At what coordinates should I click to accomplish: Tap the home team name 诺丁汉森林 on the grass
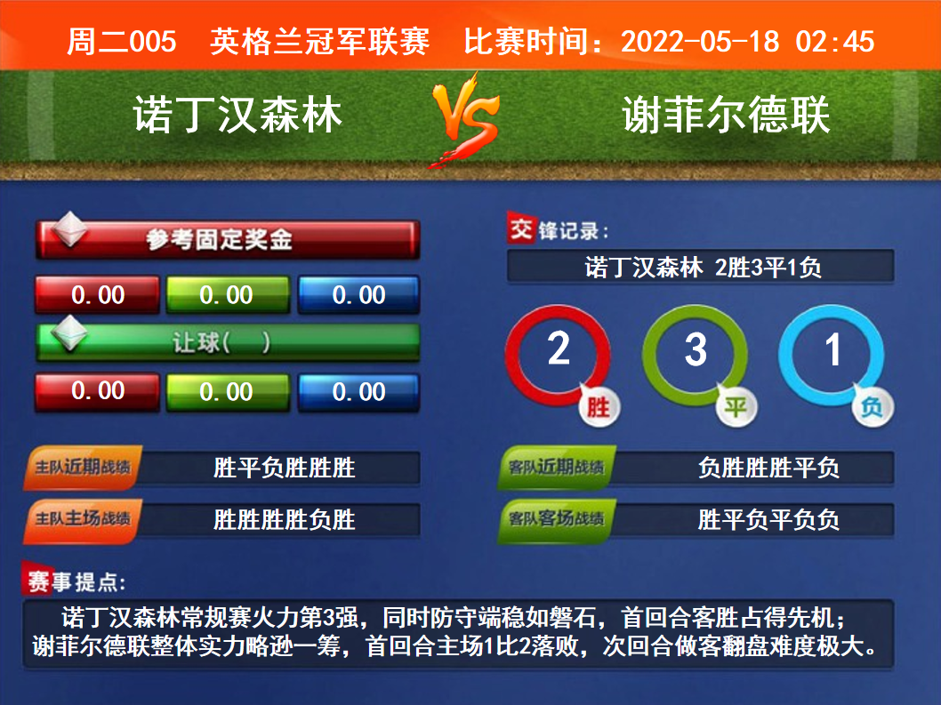pos(237,114)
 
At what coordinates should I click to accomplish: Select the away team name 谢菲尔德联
pos(726,114)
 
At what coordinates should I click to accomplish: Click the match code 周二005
pos(122,42)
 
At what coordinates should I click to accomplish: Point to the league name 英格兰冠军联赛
pos(320,42)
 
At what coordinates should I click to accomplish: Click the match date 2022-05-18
pos(700,42)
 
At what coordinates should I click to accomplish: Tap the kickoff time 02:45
pos(835,42)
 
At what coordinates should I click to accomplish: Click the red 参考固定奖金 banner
pos(228,239)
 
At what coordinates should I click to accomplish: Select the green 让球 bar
pos(228,342)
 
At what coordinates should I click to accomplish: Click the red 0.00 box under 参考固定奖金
pos(98,294)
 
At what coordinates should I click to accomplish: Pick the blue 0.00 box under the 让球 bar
pos(358,392)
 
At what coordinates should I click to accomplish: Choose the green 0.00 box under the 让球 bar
pos(227,392)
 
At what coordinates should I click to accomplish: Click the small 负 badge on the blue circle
pos(873,407)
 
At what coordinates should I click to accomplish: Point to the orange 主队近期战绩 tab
pos(83,467)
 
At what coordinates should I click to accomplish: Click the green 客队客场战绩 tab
pos(556,518)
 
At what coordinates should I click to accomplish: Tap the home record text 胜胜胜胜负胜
pos(285,519)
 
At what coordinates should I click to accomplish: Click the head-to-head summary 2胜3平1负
pos(768,267)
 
